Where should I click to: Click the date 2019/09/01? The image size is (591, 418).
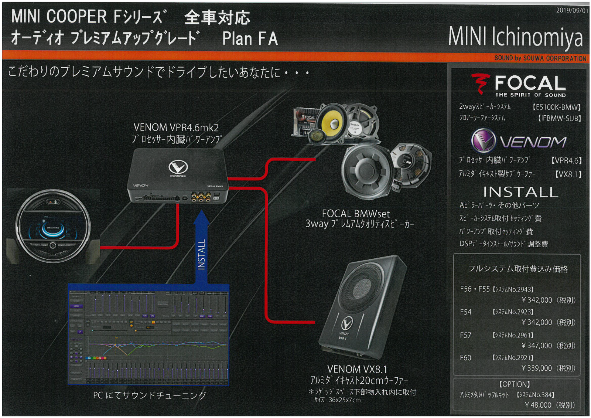[572, 10]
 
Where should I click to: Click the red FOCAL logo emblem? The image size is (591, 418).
[480, 84]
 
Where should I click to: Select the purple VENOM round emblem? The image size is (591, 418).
[483, 140]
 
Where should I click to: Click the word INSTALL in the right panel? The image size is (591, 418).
[520, 192]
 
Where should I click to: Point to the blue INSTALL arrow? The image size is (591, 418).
[201, 251]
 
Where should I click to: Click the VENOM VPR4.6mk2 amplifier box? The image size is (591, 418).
[177, 176]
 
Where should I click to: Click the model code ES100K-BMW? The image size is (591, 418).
[557, 107]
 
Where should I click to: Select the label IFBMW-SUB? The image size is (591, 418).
[559, 118]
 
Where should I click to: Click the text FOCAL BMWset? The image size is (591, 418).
[355, 214]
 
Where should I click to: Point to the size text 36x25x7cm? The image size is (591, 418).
[344, 400]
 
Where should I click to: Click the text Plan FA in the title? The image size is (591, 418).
[250, 39]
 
